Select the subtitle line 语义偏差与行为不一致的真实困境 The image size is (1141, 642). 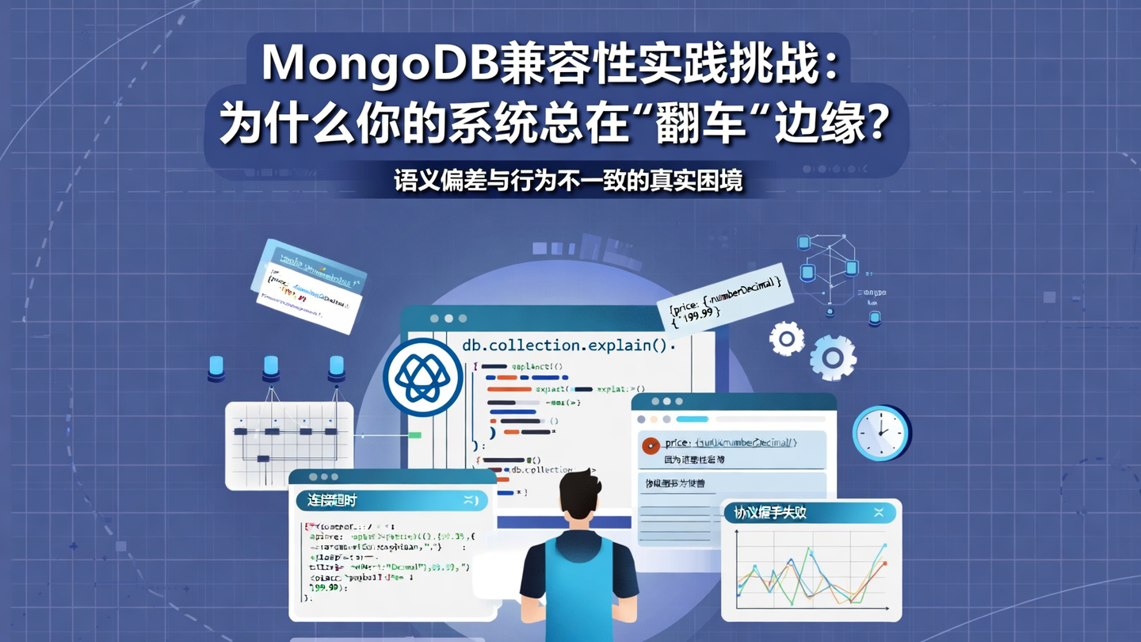click(x=568, y=181)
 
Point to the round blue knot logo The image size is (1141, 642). click(x=422, y=377)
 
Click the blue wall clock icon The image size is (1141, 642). click(x=880, y=433)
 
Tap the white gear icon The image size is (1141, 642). click(x=787, y=339)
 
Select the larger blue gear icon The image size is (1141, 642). click(x=832, y=357)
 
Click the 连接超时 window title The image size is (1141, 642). click(x=327, y=501)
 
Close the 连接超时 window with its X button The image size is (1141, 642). click(x=471, y=500)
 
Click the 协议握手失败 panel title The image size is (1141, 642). click(x=770, y=513)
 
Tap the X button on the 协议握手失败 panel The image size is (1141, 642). click(x=879, y=513)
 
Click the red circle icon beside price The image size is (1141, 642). click(x=651, y=446)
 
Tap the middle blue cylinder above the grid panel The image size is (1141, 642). click(x=271, y=367)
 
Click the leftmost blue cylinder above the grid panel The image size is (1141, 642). click(x=216, y=368)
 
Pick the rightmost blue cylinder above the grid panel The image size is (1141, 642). click(x=336, y=367)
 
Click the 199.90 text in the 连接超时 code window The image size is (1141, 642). click(x=325, y=588)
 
